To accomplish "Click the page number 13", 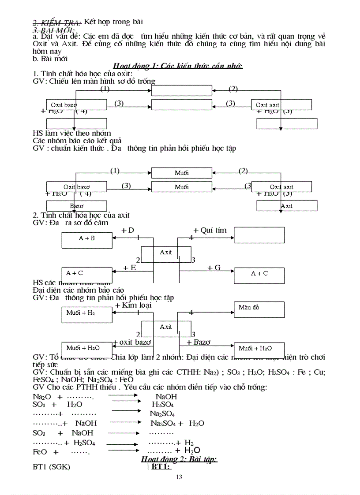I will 179,476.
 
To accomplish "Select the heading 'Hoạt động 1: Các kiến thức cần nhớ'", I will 178,66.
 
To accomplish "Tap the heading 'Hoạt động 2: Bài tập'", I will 179,459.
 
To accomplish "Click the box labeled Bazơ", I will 76,206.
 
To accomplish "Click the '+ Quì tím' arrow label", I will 210,230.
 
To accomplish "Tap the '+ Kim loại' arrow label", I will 133,305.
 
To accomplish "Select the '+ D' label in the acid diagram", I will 127,230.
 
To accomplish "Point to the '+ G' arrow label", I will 214,268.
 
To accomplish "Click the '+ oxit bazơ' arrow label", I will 132,342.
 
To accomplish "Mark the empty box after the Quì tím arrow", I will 259,235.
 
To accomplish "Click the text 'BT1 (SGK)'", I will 51,467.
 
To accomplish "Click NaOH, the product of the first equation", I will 166,397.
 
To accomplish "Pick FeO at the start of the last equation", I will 40,452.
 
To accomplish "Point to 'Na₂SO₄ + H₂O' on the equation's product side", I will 177,423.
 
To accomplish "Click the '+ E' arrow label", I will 129,268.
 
